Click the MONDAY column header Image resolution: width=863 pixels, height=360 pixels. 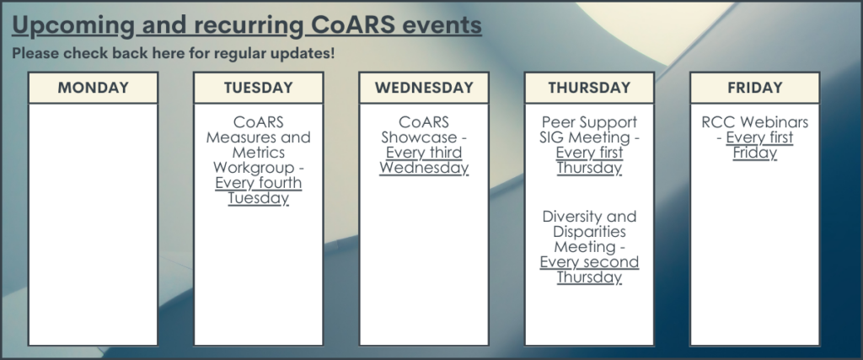click(x=93, y=88)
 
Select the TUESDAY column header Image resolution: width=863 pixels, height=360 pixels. click(x=258, y=88)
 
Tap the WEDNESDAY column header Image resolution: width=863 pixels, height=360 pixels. click(x=424, y=88)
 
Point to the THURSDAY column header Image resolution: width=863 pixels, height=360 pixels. click(x=589, y=88)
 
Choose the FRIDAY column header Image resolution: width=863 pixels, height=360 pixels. click(x=754, y=88)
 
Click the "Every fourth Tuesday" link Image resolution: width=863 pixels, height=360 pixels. click(x=258, y=191)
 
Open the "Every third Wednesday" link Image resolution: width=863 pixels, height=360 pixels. click(x=424, y=159)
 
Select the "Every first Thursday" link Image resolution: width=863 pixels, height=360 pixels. click(x=589, y=159)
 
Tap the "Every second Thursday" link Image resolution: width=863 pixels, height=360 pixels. click(x=589, y=269)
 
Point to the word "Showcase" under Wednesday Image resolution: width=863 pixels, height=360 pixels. click(x=419, y=137)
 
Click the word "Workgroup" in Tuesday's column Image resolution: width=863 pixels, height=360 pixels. click(x=253, y=167)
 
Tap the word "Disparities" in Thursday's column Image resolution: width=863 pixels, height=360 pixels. click(x=589, y=232)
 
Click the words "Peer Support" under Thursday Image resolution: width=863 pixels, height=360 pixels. click(x=589, y=122)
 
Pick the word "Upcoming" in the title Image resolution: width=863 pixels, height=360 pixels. click(x=73, y=25)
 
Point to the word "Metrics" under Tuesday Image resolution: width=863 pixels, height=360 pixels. click(x=258, y=152)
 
